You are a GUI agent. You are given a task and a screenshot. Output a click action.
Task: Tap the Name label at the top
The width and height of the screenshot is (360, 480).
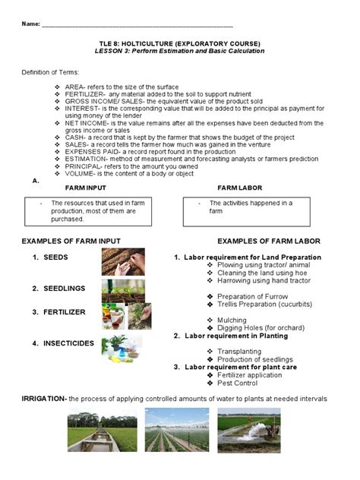[x=30, y=24]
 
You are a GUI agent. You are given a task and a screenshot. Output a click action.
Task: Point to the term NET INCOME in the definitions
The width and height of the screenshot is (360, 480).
[x=86, y=122]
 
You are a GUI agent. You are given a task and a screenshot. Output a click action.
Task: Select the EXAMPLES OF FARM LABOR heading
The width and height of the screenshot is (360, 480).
[x=268, y=241]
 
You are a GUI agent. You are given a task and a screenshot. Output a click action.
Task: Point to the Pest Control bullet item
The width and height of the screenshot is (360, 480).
[x=238, y=383]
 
